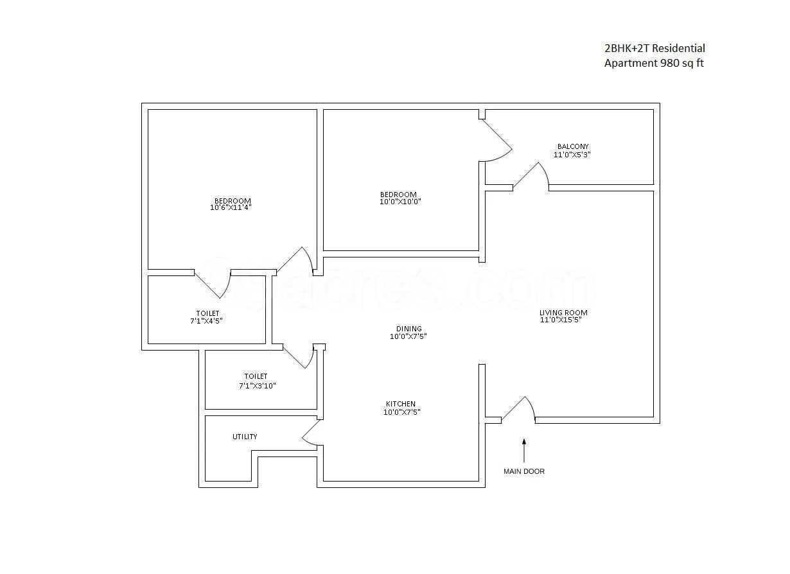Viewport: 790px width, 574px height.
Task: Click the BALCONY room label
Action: tap(572, 146)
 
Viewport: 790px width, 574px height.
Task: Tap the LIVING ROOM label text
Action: tap(563, 313)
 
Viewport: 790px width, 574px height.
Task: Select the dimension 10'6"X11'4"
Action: tap(230, 207)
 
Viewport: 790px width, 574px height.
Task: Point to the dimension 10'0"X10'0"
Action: tap(400, 202)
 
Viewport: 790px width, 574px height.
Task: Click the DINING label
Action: tap(408, 329)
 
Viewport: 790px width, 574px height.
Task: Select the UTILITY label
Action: tap(245, 437)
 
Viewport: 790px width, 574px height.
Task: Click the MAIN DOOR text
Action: tap(523, 471)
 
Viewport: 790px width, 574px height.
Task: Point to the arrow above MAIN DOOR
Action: tap(524, 449)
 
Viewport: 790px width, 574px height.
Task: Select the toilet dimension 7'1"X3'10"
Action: tap(257, 386)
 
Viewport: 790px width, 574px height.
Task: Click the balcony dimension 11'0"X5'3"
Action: tap(572, 155)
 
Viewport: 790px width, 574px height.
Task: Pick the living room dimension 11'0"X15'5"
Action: tap(563, 320)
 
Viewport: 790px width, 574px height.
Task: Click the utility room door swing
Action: tap(311, 433)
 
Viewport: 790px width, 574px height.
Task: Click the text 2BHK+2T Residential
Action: tap(654, 48)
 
